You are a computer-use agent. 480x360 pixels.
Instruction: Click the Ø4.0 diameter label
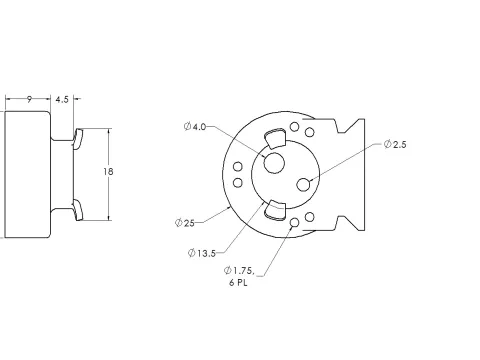coord(195,127)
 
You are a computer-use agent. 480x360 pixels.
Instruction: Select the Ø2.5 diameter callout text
coord(395,144)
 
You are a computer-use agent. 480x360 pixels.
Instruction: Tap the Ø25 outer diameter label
coord(185,223)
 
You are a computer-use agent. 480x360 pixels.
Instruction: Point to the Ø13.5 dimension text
coord(202,253)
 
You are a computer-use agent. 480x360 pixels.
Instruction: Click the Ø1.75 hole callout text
coord(239,270)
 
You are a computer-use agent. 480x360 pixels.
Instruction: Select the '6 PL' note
coord(238,283)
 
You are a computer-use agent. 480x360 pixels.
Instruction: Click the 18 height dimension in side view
coord(108,171)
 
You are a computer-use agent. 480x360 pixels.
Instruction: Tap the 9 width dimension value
coord(29,99)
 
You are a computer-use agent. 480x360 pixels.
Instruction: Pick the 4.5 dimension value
coord(62,99)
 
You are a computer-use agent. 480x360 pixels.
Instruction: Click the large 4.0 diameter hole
coord(274,163)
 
